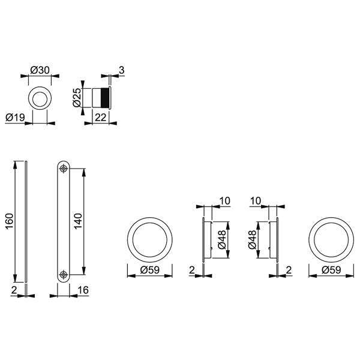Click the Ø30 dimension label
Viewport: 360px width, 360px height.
pos(40,70)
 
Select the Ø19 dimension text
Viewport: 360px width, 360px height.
pos(15,118)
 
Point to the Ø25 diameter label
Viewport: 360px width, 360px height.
pos(76,97)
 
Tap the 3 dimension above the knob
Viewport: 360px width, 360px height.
pos(121,70)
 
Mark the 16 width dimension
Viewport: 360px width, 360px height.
pos(83,291)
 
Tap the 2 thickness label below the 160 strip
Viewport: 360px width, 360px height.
pos(14,291)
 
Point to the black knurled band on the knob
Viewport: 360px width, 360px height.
pos(106,97)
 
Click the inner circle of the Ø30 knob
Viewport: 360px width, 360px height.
pos(41,97)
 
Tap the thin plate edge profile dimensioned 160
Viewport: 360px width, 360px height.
pos(26,220)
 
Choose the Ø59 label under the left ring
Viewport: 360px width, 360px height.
pos(150,271)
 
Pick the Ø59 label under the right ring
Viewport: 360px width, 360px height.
pos(331,271)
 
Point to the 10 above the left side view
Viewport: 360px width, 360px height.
pos(226,200)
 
